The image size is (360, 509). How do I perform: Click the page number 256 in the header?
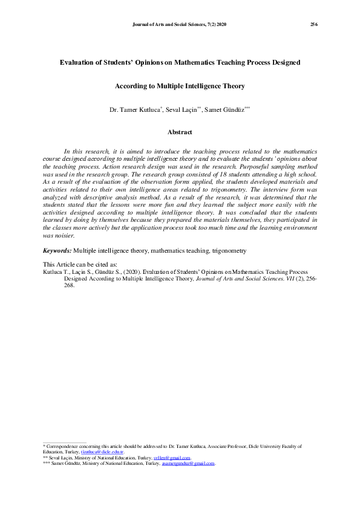coord(314,24)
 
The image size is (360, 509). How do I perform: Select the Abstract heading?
coord(180,132)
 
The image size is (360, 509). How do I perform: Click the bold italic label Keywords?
coord(57,250)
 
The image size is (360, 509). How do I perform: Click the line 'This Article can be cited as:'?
coord(80,265)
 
